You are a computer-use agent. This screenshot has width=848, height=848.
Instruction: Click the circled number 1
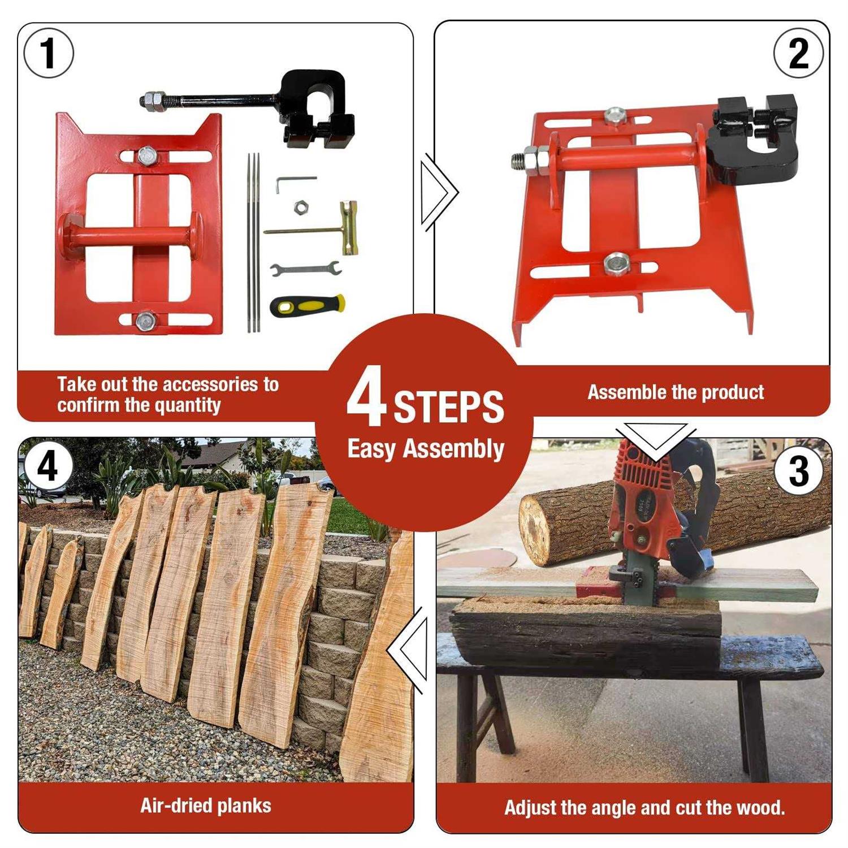pyautogui.click(x=49, y=53)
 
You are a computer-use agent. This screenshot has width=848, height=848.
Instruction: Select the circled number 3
pyautogui.click(x=799, y=470)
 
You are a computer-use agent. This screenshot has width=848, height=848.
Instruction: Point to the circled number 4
pyautogui.click(x=47, y=467)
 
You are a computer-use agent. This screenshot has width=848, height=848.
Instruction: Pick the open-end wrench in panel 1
pyautogui.click(x=305, y=269)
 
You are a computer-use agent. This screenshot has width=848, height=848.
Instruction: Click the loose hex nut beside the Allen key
pyautogui.click(x=301, y=207)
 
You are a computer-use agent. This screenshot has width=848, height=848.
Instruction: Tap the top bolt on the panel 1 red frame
pyautogui.click(x=146, y=155)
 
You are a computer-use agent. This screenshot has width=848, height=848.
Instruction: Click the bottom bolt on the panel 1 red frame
pyautogui.click(x=146, y=321)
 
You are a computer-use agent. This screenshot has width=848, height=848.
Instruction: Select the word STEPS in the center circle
pyautogui.click(x=448, y=406)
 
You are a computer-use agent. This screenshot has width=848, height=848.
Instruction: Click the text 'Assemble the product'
pyautogui.click(x=675, y=392)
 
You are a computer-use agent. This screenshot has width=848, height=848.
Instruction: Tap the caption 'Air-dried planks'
pyautogui.click(x=206, y=805)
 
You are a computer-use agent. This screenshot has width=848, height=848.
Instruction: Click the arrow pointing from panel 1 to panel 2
pyautogui.click(x=440, y=192)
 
